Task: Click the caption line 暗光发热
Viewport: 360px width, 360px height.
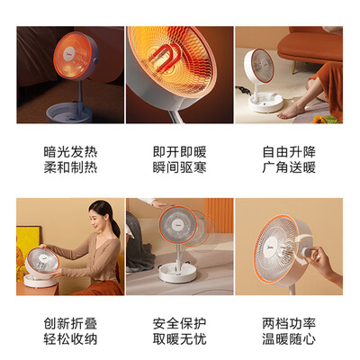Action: (70, 152)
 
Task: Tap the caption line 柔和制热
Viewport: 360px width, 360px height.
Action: (70, 167)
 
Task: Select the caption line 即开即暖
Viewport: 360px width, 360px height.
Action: (180, 152)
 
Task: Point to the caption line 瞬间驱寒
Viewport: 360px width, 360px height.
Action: (180, 167)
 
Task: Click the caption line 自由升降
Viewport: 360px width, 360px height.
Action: (289, 152)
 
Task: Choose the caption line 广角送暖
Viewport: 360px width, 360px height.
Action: (289, 167)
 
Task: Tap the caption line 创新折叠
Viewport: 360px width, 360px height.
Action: (70, 324)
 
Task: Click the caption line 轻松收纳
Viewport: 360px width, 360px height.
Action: (70, 339)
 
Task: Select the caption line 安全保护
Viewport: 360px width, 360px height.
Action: (180, 324)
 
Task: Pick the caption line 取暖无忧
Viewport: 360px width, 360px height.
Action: (180, 339)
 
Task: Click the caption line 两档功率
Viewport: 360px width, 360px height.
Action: (289, 324)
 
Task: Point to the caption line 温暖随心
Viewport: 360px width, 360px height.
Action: (289, 339)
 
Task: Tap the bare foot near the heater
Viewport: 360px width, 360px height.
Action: (290, 111)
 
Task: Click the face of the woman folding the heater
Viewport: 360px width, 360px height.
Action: (98, 219)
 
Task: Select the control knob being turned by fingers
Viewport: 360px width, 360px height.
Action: (309, 251)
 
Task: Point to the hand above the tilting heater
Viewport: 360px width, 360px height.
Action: (160, 204)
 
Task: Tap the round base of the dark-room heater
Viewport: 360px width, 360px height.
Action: (69, 112)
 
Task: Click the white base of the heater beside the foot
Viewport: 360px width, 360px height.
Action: (265, 103)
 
